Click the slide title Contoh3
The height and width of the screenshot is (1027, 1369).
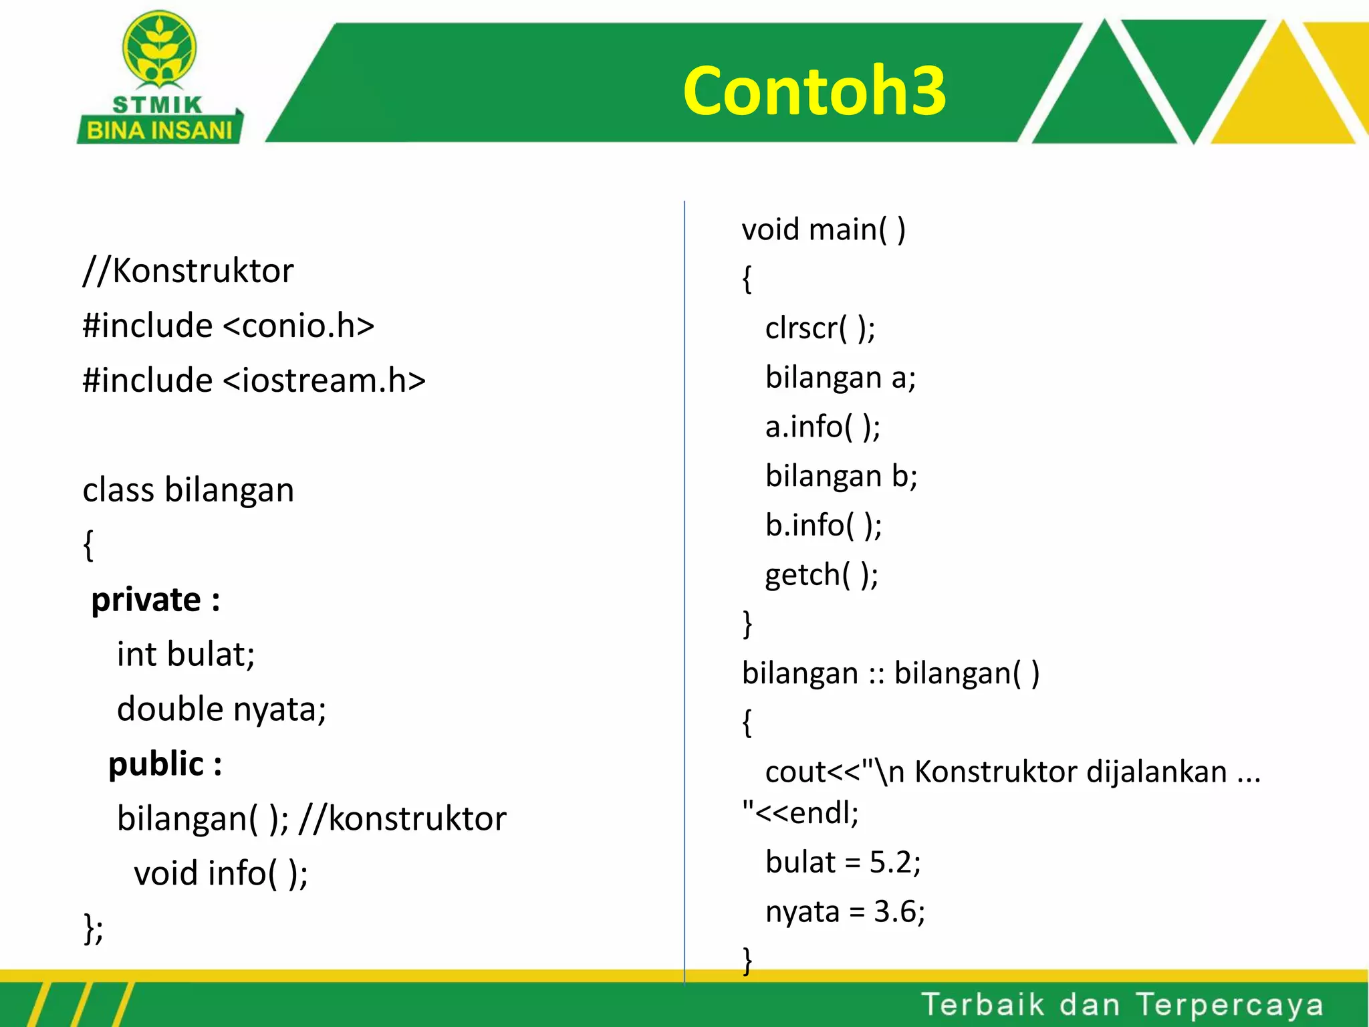(814, 91)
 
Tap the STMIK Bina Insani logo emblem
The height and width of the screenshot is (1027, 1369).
(159, 50)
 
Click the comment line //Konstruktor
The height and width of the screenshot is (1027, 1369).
(188, 271)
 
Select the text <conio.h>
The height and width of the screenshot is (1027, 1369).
(298, 326)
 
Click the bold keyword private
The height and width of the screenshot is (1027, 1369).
(146, 600)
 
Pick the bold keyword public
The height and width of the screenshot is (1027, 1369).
(156, 764)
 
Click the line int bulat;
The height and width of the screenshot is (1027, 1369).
(186, 655)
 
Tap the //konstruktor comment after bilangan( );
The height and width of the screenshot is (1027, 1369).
(402, 819)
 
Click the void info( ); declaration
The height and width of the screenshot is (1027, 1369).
(221, 874)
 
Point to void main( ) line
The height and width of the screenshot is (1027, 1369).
(824, 230)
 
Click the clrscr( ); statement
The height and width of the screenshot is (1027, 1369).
(820, 328)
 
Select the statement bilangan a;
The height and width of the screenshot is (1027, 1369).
(840, 378)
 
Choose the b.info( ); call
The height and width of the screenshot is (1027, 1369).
(824, 526)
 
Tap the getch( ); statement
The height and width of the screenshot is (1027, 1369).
(822, 575)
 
